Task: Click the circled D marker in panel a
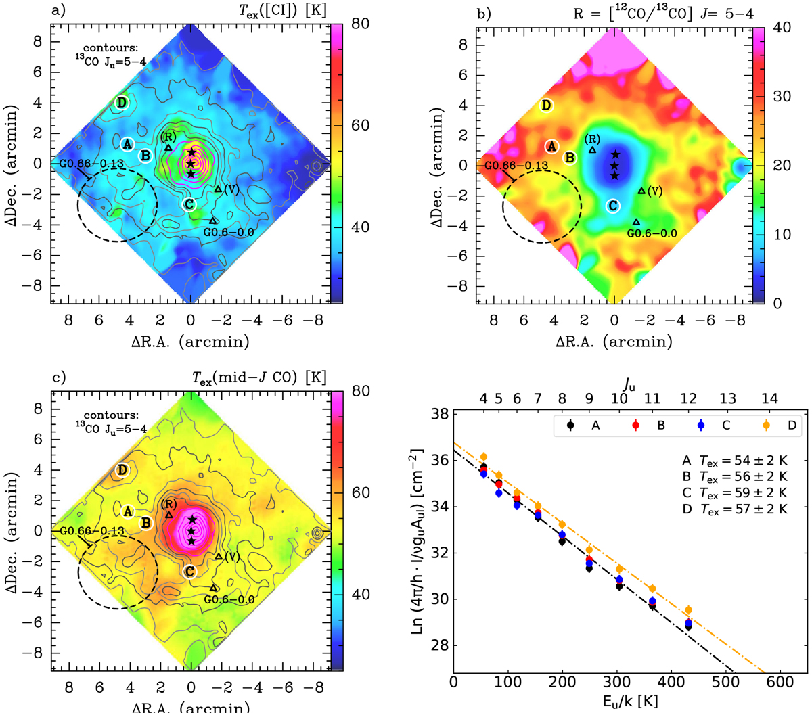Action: [x=122, y=103]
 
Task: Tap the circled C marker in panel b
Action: [x=612, y=206]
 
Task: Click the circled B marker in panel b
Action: [x=570, y=158]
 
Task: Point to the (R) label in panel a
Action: [x=168, y=137]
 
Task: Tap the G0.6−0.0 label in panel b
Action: [x=652, y=233]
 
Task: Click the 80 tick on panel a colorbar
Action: [x=360, y=25]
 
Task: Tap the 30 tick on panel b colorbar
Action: [x=782, y=97]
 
